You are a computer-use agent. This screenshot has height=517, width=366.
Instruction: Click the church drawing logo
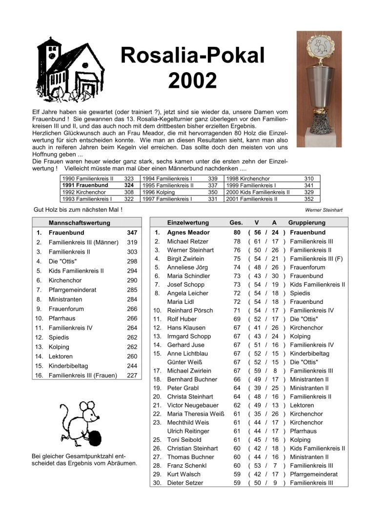(x=71, y=67)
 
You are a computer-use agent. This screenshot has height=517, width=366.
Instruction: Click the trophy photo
(x=319, y=89)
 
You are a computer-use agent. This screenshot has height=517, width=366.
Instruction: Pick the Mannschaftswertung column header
(x=80, y=222)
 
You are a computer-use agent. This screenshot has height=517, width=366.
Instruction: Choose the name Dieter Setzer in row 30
(x=185, y=483)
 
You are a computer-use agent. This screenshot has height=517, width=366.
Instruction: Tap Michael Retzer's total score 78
(x=237, y=241)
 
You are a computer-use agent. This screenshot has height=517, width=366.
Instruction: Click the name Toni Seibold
(x=183, y=440)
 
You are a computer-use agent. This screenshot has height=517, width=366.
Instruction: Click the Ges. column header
(x=236, y=222)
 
